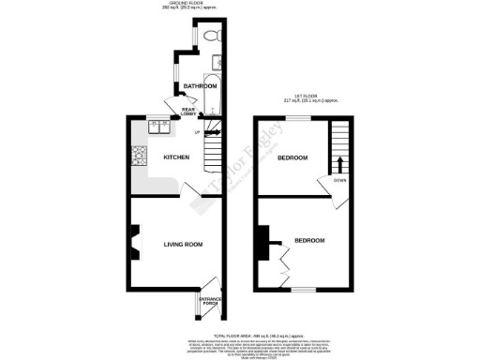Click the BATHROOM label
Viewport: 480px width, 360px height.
click(x=200, y=86)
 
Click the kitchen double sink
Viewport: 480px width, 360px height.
click(x=156, y=122)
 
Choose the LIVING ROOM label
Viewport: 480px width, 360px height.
click(x=184, y=245)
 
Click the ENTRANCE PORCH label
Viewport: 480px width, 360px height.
click(x=209, y=302)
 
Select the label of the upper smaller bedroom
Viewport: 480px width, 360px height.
click(x=292, y=157)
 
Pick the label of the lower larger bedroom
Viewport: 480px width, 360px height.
click(x=309, y=241)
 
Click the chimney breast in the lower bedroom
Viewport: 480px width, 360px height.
click(x=262, y=242)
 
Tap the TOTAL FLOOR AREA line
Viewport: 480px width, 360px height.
click(x=244, y=333)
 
